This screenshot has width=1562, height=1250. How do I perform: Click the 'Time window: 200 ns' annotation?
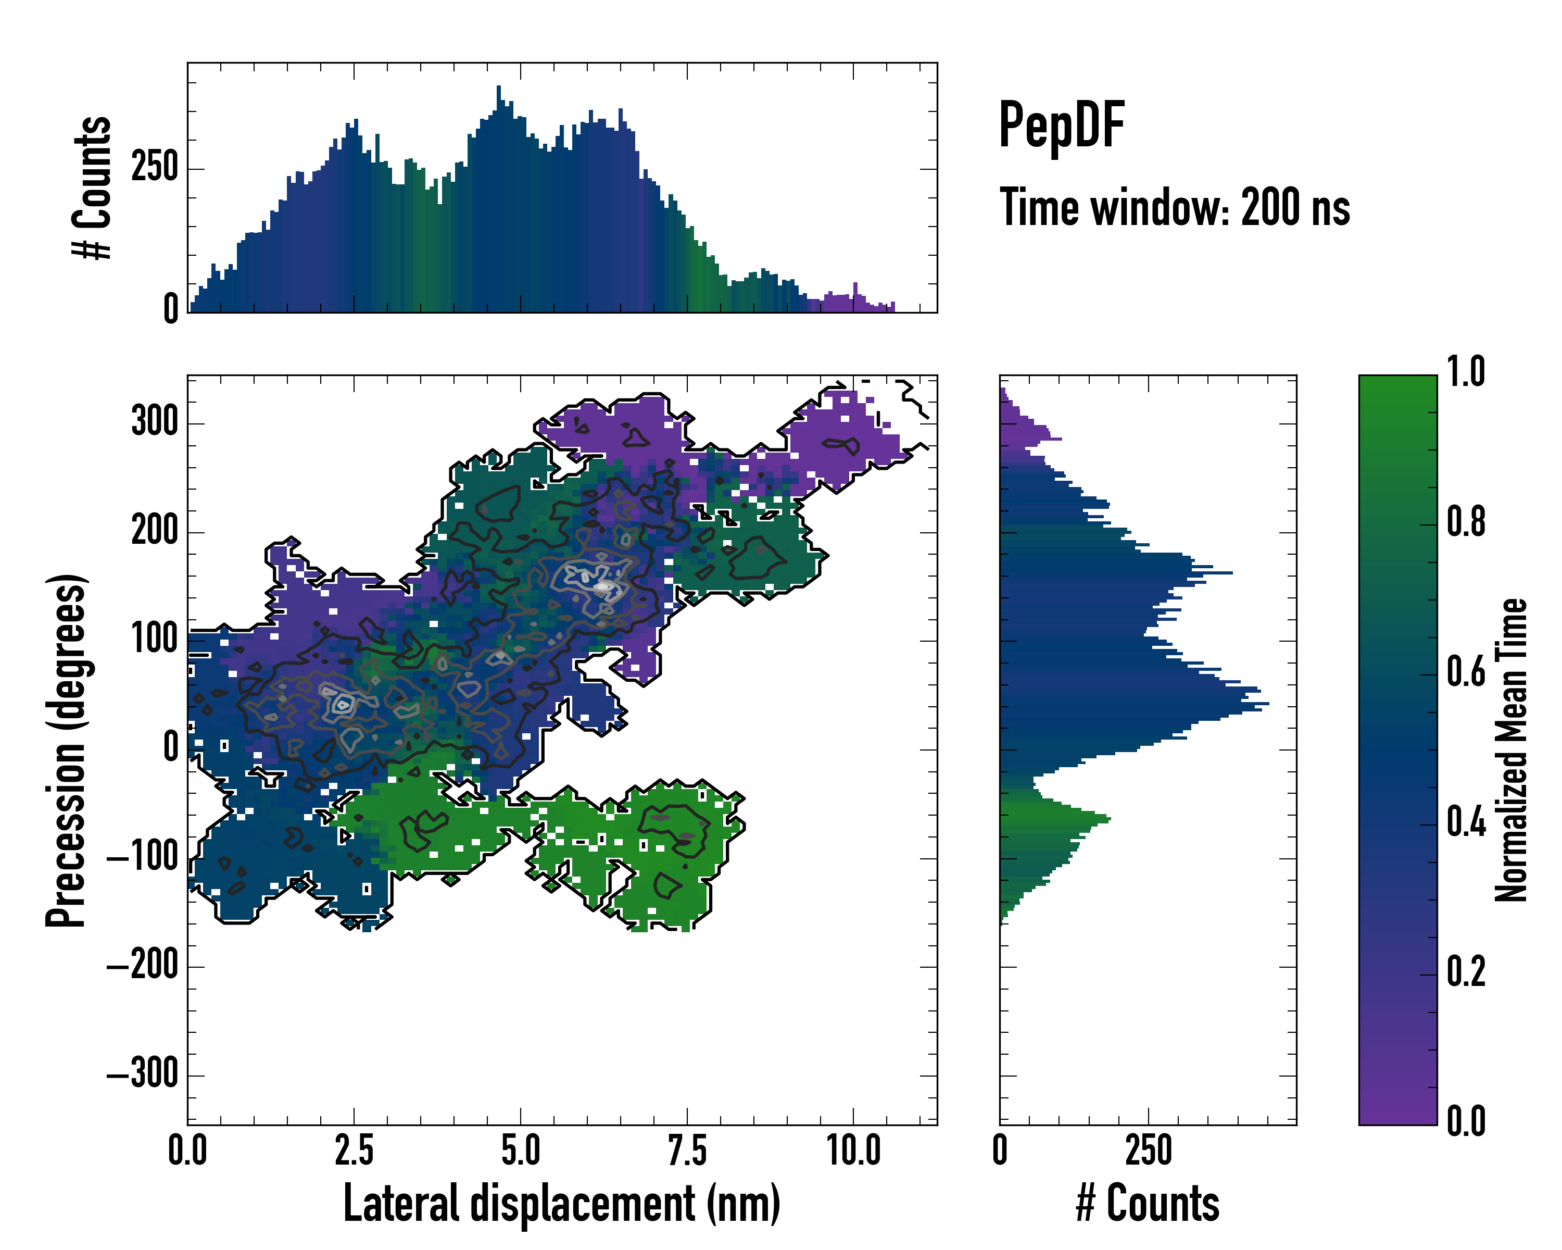[1175, 207]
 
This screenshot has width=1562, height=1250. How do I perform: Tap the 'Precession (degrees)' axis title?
[67, 750]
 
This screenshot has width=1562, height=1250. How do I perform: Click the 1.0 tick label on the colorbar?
[1466, 372]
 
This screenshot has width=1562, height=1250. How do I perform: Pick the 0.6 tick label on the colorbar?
[1466, 672]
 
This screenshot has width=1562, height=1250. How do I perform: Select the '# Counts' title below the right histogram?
[1148, 1204]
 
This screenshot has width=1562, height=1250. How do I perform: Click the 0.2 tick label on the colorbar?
[1466, 972]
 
